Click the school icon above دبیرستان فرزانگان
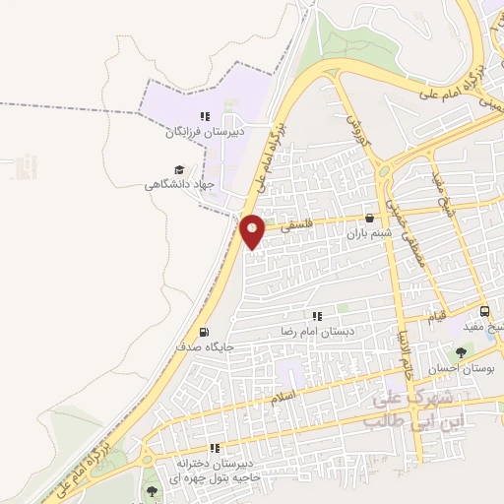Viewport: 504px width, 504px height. click(205, 115)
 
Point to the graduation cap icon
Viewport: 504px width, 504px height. click(179, 169)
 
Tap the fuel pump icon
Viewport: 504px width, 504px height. click(204, 332)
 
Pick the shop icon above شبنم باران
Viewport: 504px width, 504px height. click(369, 219)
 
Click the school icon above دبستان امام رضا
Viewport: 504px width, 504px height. click(317, 316)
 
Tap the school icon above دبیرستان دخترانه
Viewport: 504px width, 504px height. click(213, 447)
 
